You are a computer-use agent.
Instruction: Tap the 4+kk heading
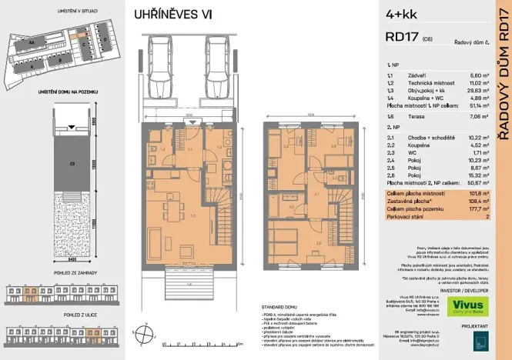point(400,14)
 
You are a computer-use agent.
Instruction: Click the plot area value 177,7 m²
point(461,211)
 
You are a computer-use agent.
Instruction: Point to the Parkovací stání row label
point(407,218)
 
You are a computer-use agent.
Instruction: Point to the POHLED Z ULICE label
point(55,315)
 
